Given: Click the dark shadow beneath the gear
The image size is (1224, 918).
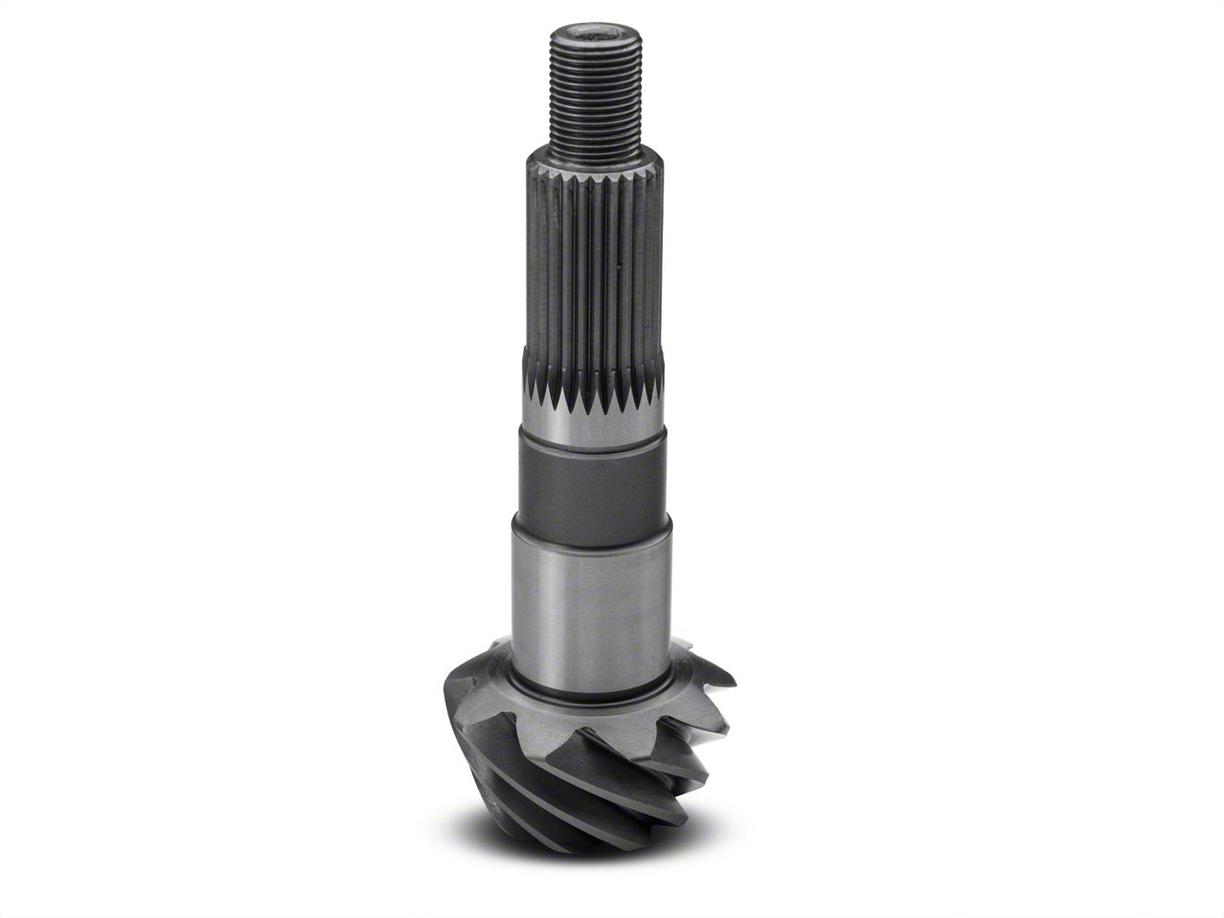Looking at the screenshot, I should pyautogui.click(x=535, y=841).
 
